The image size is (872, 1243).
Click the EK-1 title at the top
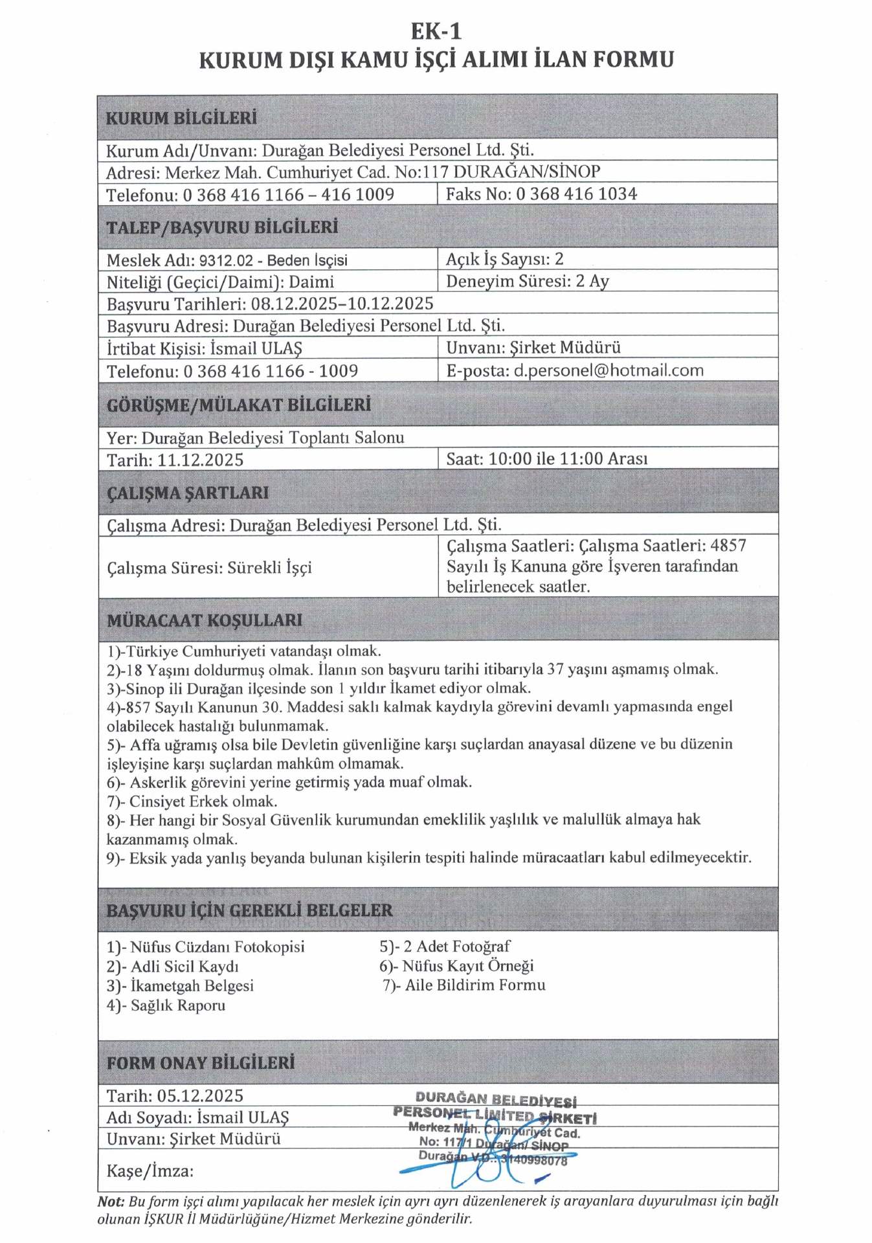pyautogui.click(x=436, y=31)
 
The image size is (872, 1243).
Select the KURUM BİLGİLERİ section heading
pyautogui.click(x=181, y=118)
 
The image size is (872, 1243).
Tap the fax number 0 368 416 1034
pyautogui.click(x=576, y=194)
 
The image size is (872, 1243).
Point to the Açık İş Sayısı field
pyautogui.click(x=504, y=260)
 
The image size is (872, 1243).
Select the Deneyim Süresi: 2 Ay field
pyautogui.click(x=527, y=282)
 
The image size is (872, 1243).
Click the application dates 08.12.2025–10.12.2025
pyautogui.click(x=342, y=304)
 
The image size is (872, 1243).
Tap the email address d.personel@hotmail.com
pyautogui.click(x=608, y=371)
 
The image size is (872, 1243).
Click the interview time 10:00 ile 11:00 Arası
pyautogui.click(x=568, y=459)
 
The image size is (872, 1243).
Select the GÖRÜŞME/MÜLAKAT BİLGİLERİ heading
pyautogui.click(x=239, y=405)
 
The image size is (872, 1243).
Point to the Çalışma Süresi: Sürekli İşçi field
pyautogui.click(x=209, y=568)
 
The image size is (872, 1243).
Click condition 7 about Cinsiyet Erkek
pyautogui.click(x=192, y=801)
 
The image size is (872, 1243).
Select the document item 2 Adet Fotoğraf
pyautogui.click(x=445, y=946)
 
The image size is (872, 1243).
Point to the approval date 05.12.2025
pyautogui.click(x=200, y=1095)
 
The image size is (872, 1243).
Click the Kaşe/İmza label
pyautogui.click(x=150, y=1170)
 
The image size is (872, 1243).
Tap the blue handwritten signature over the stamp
pyautogui.click(x=479, y=1169)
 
